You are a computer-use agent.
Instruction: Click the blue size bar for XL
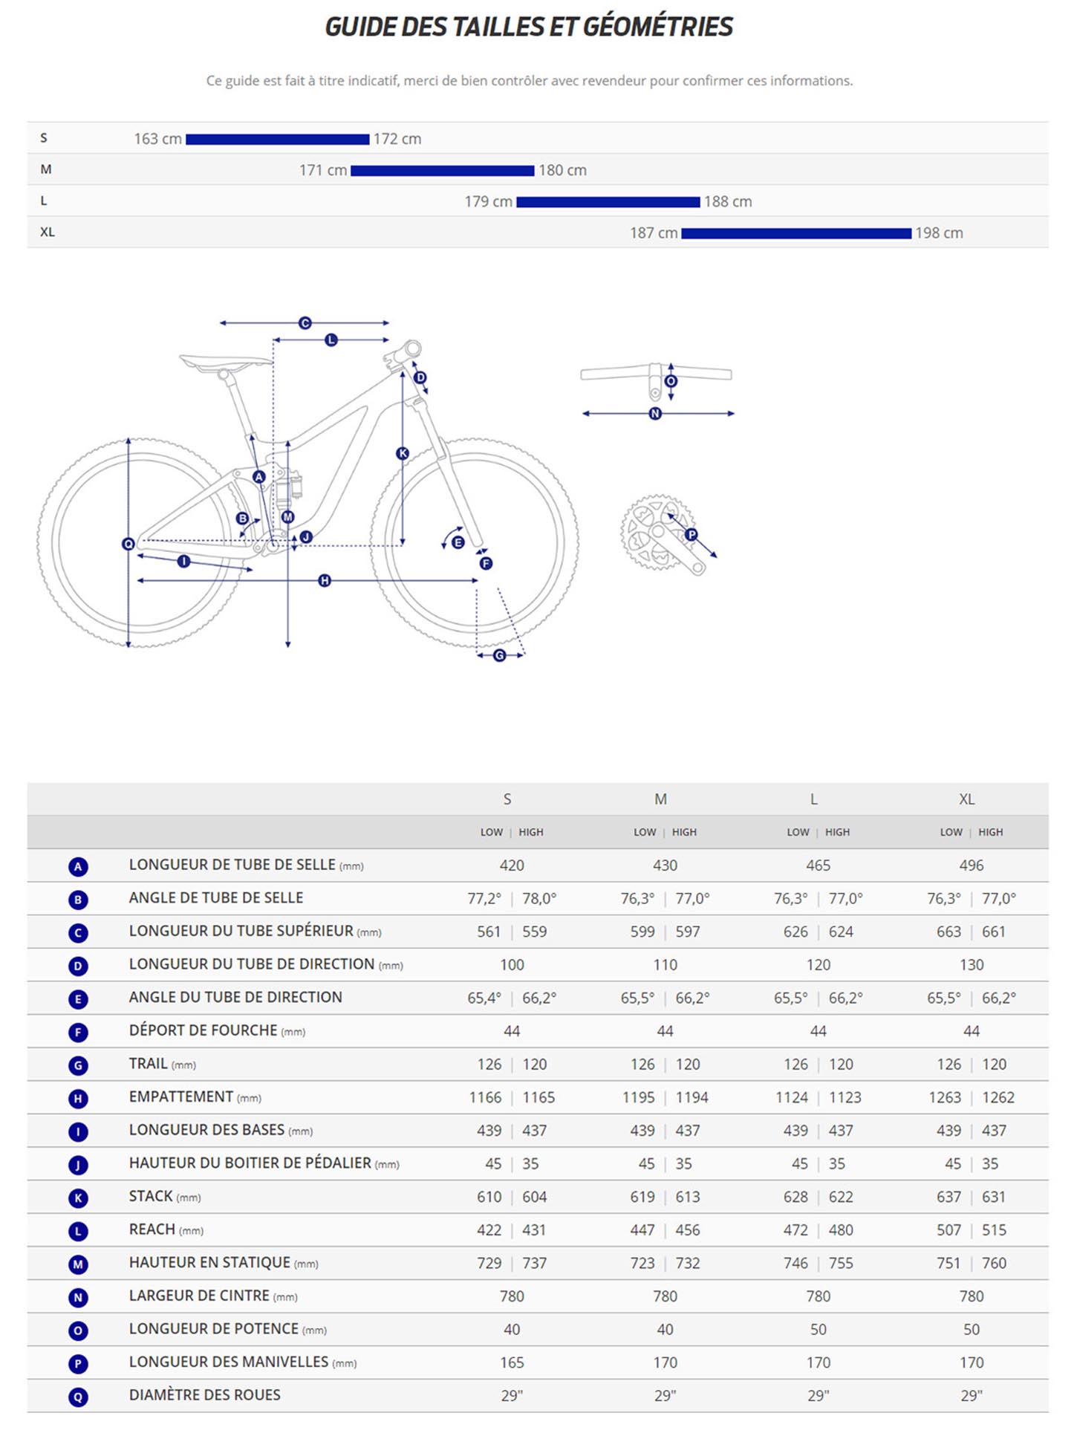pyautogui.click(x=795, y=233)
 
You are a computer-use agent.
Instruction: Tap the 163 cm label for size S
pyautogui.click(x=157, y=139)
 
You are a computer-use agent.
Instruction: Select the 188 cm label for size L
pyautogui.click(x=727, y=201)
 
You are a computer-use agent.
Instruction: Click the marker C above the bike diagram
pyautogui.click(x=305, y=323)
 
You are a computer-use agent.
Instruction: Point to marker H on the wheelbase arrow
pyautogui.click(x=324, y=580)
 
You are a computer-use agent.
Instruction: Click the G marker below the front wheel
pyautogui.click(x=499, y=655)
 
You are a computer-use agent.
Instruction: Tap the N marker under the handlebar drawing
pyautogui.click(x=654, y=414)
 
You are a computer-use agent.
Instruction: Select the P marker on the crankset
pyautogui.click(x=691, y=534)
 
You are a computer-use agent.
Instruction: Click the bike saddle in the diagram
pyautogui.click(x=225, y=362)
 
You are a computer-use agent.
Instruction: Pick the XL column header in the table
pyautogui.click(x=966, y=799)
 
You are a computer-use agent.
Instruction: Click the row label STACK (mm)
pyautogui.click(x=164, y=1197)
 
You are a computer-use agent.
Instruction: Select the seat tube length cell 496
pyautogui.click(x=971, y=865)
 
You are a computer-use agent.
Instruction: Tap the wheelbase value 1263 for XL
pyautogui.click(x=948, y=1097)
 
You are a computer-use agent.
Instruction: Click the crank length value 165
pyautogui.click(x=511, y=1362)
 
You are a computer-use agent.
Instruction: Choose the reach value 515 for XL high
pyautogui.click(x=993, y=1230)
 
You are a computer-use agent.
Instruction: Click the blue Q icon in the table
pyautogui.click(x=78, y=1397)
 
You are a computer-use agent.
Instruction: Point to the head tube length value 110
pyautogui.click(x=665, y=965)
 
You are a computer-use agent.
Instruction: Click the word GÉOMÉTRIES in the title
pyautogui.click(x=657, y=27)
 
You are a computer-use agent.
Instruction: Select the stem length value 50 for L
pyautogui.click(x=818, y=1330)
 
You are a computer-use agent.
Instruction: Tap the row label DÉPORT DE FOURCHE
pyautogui.click(x=203, y=1031)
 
